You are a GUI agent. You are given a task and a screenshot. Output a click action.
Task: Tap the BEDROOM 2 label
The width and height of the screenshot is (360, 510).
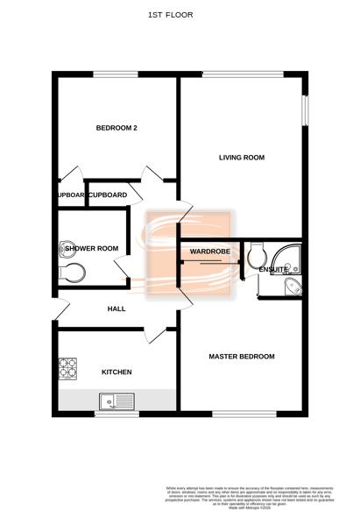116,129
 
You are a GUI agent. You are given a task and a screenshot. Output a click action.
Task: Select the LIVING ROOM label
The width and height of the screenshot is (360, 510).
242,158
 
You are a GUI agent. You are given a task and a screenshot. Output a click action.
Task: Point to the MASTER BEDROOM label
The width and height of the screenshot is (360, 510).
241,357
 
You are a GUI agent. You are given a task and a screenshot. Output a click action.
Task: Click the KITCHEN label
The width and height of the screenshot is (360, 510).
116,372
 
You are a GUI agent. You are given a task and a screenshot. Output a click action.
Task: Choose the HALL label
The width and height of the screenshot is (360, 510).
116,309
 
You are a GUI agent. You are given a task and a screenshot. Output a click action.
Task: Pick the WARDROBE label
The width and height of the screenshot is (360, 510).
209,251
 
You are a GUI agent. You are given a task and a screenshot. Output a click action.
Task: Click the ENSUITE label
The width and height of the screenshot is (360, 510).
272,270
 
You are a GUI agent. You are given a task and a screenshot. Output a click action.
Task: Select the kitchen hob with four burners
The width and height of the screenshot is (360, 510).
68,369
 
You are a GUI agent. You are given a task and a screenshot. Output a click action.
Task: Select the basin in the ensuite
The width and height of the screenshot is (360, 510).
293,287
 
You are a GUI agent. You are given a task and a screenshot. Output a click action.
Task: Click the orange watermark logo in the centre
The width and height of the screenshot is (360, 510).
189,254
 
